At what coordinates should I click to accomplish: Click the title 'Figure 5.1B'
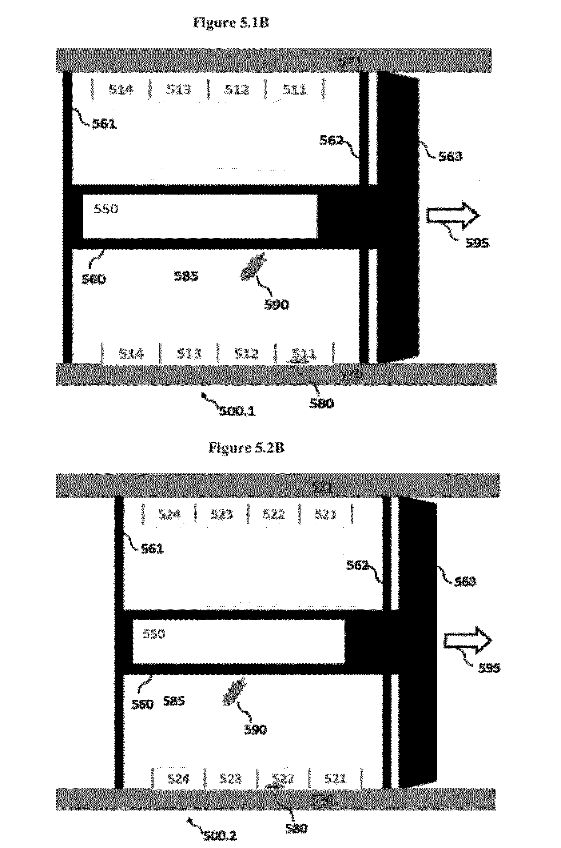(x=231, y=22)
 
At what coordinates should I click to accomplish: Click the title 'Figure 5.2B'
(x=246, y=448)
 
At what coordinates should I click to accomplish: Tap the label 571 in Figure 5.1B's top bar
(x=350, y=62)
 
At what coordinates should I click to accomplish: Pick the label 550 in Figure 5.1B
(x=106, y=209)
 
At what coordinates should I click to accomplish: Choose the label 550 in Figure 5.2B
(x=154, y=634)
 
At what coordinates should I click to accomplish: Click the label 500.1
(x=237, y=411)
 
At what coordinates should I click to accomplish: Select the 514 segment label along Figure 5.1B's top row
(x=121, y=89)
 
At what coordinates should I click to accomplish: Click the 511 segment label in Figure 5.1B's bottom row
(x=304, y=354)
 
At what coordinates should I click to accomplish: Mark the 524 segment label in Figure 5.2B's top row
(x=169, y=514)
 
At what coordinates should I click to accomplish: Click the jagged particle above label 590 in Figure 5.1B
(x=253, y=266)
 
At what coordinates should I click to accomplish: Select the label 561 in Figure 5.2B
(x=152, y=549)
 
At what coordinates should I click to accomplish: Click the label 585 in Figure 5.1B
(x=186, y=276)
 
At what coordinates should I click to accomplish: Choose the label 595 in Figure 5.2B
(x=489, y=668)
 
